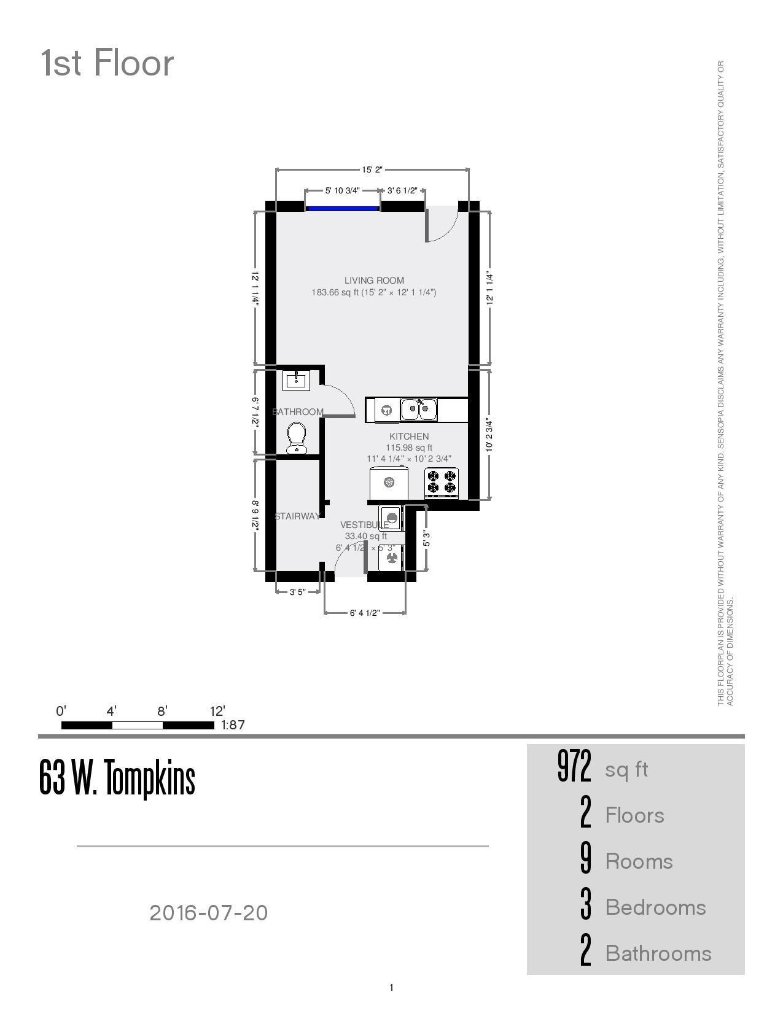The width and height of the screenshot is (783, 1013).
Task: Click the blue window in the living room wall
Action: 342,209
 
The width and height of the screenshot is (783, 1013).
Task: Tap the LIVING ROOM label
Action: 374,281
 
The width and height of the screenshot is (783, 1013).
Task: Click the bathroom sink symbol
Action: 296,381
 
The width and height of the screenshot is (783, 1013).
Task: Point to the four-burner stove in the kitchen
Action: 442,482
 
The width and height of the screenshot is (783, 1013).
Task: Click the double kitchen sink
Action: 419,409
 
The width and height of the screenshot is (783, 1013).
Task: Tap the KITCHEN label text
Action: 409,437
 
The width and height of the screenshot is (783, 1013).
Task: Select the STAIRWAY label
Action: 297,516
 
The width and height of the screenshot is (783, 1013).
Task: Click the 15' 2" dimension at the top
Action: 372,170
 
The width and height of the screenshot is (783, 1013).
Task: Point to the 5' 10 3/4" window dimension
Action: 342,191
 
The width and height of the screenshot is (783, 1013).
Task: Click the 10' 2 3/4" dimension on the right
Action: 489,435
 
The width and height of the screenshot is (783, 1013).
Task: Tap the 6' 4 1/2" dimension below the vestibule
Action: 365,613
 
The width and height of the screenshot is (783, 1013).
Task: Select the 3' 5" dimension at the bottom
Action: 297,592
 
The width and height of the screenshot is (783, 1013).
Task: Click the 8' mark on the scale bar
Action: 162,712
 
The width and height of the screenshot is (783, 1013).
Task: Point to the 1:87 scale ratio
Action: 233,725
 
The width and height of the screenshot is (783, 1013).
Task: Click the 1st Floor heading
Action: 107,63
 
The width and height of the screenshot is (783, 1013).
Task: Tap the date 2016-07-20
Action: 209,913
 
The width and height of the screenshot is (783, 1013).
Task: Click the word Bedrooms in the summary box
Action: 655,907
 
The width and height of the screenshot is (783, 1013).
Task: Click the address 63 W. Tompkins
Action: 117,778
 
